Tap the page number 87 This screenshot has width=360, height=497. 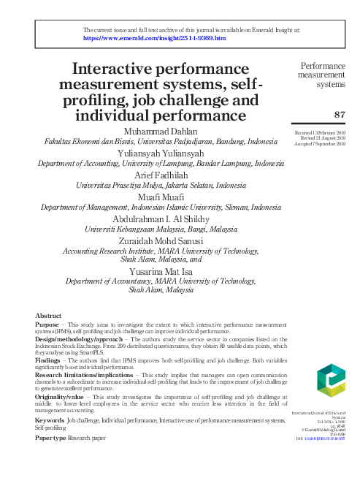coord(339,114)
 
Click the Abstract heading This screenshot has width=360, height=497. coord(48,315)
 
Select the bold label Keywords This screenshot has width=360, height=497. coord(49,422)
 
